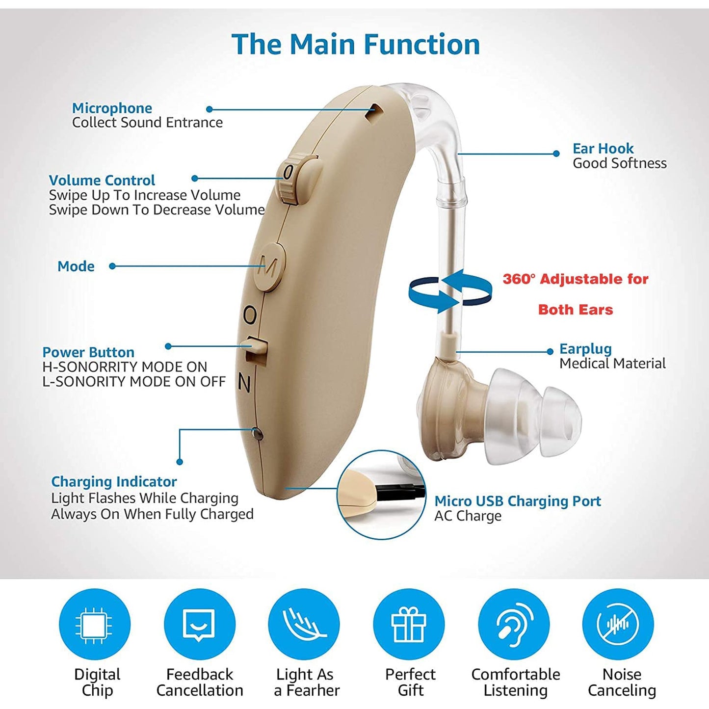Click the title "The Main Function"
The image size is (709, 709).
(355, 44)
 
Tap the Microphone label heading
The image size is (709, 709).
(112, 108)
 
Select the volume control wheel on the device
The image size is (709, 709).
(290, 178)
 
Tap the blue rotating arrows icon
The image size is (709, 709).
(450, 290)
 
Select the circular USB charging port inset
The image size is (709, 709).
(381, 494)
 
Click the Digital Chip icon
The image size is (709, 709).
(95, 624)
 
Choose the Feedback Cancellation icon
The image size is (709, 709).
(199, 624)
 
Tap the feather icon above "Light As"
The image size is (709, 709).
(304, 624)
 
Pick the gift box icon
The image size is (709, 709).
(409, 624)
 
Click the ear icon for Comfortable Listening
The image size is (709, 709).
(514, 624)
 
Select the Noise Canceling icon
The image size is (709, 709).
(618, 624)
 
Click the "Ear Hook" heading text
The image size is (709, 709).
(603, 148)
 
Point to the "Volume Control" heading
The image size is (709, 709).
(102, 180)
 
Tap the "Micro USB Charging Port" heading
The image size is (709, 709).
(518, 501)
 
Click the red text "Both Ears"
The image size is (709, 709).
(576, 310)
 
